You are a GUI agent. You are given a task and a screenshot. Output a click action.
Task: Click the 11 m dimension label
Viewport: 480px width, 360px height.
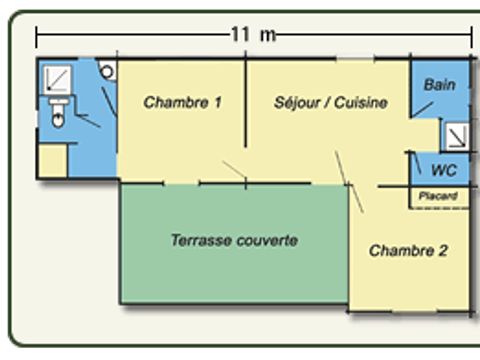point(253,34)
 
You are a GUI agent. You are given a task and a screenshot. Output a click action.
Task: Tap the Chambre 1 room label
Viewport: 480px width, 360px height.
point(182,102)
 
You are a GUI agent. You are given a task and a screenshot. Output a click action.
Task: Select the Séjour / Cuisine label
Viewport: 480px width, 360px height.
point(330,102)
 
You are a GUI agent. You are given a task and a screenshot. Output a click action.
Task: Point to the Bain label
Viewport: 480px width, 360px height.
point(439,85)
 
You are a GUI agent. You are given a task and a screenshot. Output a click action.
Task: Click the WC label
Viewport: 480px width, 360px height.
point(443,170)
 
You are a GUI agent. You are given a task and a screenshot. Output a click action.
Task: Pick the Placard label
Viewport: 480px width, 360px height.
point(438,196)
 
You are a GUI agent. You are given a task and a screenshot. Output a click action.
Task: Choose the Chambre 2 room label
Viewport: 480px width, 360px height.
point(408,251)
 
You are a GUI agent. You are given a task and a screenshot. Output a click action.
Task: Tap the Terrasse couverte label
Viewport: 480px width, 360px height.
point(234,241)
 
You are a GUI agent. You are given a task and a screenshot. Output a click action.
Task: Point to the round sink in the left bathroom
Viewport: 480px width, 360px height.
point(107,72)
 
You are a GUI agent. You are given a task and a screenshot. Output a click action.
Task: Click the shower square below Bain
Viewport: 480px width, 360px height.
point(455,134)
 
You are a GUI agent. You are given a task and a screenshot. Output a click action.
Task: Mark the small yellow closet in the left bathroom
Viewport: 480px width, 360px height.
point(53,160)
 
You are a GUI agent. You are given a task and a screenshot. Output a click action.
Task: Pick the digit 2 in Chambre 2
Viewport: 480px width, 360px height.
point(442,251)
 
